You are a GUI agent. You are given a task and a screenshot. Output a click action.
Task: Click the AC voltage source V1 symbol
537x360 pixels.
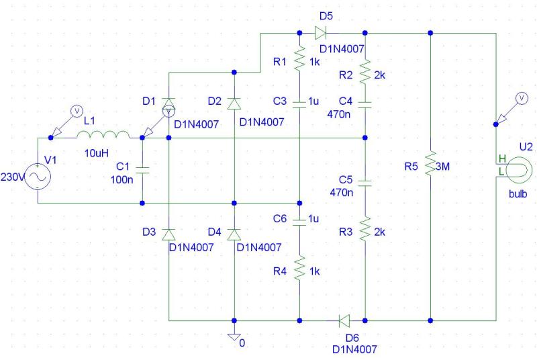[x=38, y=177]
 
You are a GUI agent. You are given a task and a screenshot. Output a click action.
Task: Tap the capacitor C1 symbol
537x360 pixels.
[x=142, y=170]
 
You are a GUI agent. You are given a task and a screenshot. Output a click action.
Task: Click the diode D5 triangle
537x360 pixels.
[x=320, y=33]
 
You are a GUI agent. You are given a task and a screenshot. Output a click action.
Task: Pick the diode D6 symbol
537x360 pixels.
[x=344, y=321]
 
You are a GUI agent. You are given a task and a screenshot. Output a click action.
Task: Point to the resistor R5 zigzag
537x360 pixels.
[x=430, y=163]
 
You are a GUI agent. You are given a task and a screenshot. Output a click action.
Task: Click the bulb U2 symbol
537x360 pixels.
[x=517, y=170]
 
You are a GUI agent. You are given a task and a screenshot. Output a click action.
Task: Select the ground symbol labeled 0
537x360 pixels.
[x=234, y=337]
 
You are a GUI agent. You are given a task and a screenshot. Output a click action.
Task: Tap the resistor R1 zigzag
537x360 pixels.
[x=299, y=59]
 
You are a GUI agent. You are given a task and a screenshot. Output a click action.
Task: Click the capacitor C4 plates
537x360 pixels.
[x=365, y=105]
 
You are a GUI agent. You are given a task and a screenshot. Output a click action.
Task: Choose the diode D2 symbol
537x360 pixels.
[x=234, y=103]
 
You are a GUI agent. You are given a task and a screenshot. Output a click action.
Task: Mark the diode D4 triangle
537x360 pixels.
[x=234, y=234]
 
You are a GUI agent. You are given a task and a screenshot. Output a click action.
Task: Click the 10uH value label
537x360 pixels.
[x=97, y=153]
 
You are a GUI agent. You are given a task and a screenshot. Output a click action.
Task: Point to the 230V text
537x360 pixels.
[x=13, y=177]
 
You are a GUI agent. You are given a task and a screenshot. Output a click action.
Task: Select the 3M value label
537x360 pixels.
[x=442, y=167]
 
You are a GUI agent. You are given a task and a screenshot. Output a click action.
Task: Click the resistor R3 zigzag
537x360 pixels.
[x=365, y=229]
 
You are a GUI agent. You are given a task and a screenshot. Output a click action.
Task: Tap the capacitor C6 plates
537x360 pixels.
[x=299, y=222]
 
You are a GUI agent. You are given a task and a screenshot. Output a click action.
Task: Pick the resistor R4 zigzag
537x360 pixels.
[x=299, y=268]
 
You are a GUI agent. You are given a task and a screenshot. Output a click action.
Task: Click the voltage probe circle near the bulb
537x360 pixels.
[x=522, y=98]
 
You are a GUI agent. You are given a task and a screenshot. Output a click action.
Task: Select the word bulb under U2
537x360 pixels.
[x=518, y=194]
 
